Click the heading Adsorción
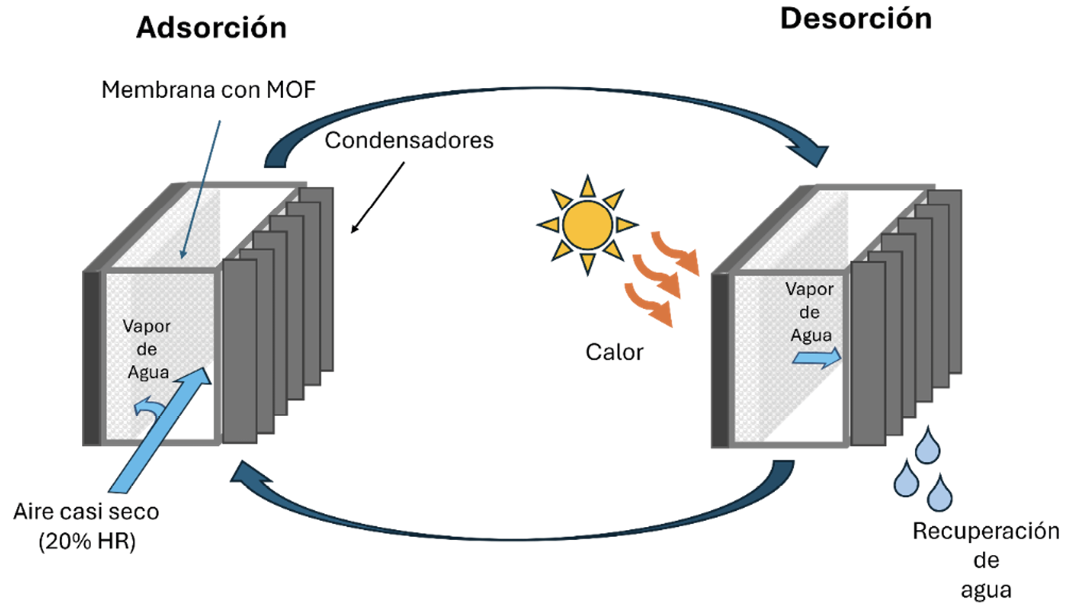[211, 28]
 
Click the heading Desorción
[855, 20]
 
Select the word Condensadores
[409, 141]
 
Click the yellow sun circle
[588, 223]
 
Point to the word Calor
[614, 353]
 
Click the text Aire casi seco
[86, 512]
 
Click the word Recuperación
[986, 531]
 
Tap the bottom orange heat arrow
[651, 303]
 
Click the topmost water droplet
[929, 443]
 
